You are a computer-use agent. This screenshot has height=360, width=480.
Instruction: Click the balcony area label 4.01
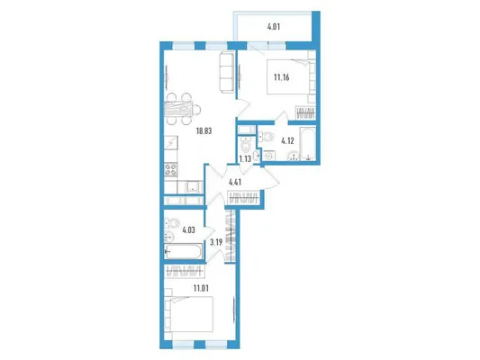[x=274, y=27]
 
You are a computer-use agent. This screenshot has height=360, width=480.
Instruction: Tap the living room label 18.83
[x=204, y=131]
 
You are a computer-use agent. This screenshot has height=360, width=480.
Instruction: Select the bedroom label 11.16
[x=282, y=77]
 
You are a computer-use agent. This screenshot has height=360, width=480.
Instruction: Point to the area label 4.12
[x=288, y=141]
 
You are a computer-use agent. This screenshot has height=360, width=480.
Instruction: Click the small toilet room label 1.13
[x=245, y=158]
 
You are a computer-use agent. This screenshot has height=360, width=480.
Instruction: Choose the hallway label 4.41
[x=235, y=183]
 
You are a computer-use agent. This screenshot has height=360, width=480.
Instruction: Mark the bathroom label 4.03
[x=188, y=229]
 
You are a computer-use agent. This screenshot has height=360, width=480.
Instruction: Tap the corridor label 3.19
[x=216, y=243]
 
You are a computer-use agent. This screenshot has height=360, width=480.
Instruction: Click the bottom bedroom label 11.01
[x=201, y=288]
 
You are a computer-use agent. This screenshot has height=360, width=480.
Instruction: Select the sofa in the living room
[x=227, y=72]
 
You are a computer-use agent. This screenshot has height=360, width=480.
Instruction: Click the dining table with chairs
[x=183, y=109]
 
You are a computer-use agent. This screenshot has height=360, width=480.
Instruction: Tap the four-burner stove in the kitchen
[x=171, y=169]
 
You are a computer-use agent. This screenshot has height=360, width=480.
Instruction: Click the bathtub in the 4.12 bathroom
[x=307, y=143]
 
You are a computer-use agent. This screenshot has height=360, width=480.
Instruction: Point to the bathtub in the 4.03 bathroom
[x=183, y=251]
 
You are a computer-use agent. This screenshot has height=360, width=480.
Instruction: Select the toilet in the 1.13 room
[x=246, y=145]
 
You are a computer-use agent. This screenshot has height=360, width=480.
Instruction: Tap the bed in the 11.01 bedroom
[x=188, y=314]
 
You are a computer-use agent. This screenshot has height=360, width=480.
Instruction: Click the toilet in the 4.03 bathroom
[x=170, y=223]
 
